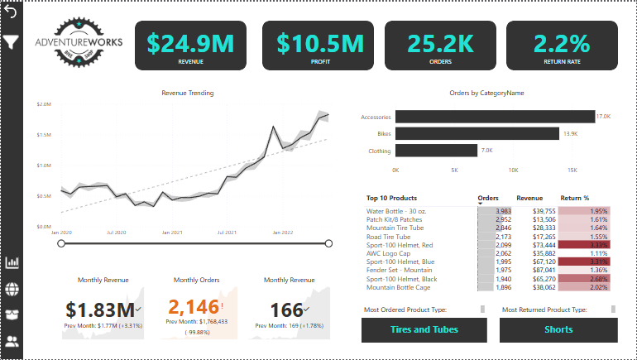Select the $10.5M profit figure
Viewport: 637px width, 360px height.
[319, 41]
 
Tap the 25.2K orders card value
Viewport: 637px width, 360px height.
[440, 41]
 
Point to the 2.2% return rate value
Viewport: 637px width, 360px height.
[562, 41]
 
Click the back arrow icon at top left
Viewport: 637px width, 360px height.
[11, 12]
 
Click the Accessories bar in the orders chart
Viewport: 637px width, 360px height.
[495, 117]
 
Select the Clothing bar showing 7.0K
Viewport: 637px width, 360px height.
[436, 151]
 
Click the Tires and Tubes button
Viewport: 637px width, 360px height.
[424, 329]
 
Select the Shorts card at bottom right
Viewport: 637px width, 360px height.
[558, 329]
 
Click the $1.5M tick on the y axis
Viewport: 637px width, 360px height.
[44, 135]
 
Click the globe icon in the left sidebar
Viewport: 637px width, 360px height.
[12, 289]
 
